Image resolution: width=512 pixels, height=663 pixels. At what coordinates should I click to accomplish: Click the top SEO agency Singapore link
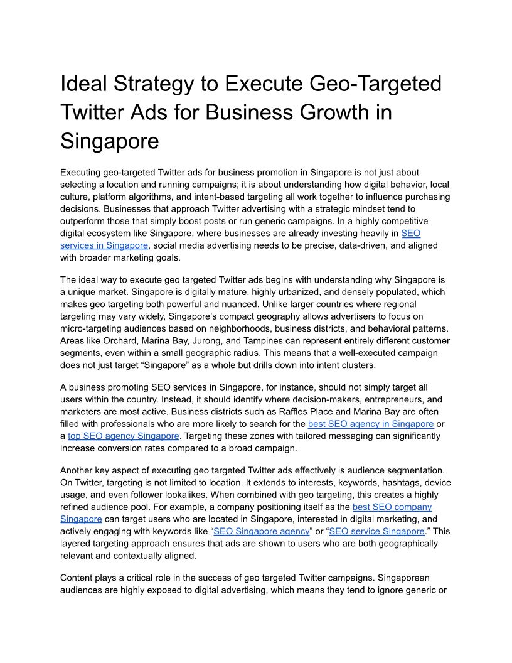pos(124,436)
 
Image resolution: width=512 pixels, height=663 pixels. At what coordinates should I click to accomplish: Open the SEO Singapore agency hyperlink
pos(262,531)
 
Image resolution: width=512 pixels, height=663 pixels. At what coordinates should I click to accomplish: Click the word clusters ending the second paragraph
pos(357,365)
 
